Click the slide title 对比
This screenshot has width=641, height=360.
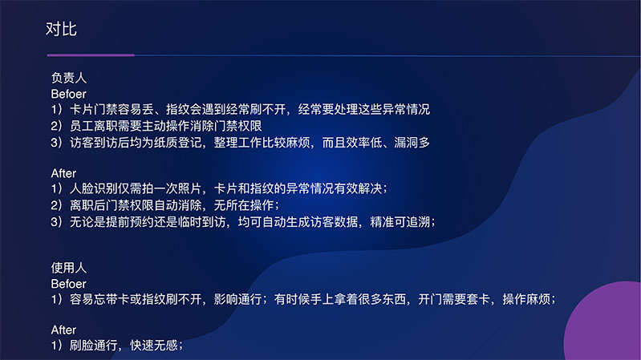click(x=61, y=29)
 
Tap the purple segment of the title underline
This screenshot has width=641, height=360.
click(x=91, y=55)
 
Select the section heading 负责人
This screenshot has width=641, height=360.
click(x=69, y=78)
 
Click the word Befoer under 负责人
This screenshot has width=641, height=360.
click(x=68, y=94)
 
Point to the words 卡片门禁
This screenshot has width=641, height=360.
click(x=94, y=110)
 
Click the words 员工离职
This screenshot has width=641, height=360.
click(x=94, y=126)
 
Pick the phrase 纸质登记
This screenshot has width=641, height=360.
click(x=178, y=143)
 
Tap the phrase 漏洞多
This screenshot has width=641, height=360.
click(x=412, y=143)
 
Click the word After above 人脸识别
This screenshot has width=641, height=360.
click(x=63, y=173)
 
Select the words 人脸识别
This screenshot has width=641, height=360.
click(x=94, y=188)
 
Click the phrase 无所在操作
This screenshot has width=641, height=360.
click(x=244, y=205)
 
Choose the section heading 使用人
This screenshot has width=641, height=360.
click(x=69, y=268)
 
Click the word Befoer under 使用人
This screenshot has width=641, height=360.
click(x=68, y=284)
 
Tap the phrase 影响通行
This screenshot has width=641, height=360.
click(x=238, y=300)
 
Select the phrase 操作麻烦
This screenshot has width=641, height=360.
click(x=526, y=300)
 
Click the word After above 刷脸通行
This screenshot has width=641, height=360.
click(x=63, y=330)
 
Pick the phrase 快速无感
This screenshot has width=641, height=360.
click(x=154, y=346)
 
